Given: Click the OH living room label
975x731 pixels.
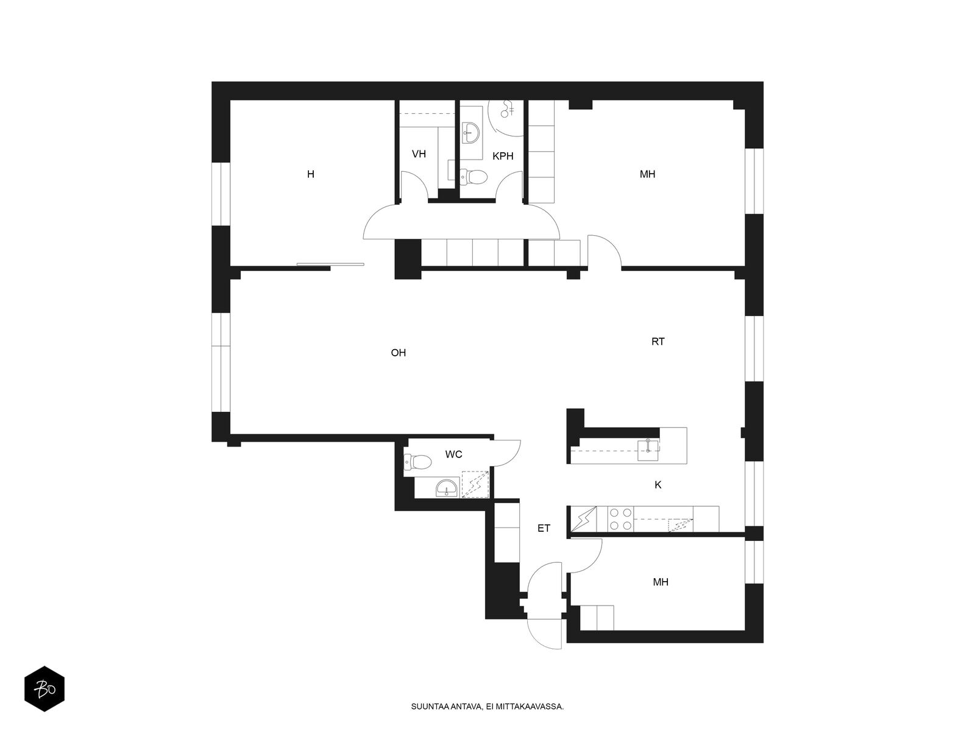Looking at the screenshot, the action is click(x=398, y=353).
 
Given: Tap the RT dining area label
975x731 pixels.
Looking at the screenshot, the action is click(x=658, y=342).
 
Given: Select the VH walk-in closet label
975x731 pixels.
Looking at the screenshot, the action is click(x=419, y=154).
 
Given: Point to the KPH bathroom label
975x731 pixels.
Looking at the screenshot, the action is click(x=503, y=156).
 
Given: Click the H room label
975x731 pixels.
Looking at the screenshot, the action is click(x=311, y=174).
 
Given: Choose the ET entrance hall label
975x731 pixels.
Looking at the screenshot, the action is click(x=544, y=528).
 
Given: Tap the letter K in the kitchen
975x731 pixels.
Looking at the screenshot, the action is click(x=658, y=485).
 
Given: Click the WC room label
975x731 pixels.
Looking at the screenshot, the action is click(x=453, y=454).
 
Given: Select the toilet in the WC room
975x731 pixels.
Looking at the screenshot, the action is click(x=417, y=462).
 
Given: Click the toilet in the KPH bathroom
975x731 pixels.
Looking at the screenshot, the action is click(x=473, y=177).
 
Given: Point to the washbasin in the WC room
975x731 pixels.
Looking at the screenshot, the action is click(x=445, y=488).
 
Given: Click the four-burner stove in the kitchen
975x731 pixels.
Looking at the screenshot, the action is click(x=620, y=519).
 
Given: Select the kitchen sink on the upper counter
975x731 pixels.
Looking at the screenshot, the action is click(x=648, y=450).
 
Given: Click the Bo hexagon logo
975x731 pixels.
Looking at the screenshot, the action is click(x=44, y=688).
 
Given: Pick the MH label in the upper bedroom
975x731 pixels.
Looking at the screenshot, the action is click(x=647, y=174).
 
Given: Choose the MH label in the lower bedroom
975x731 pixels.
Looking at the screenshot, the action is click(x=661, y=582).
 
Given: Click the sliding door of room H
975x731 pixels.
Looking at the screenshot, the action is click(x=330, y=264).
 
